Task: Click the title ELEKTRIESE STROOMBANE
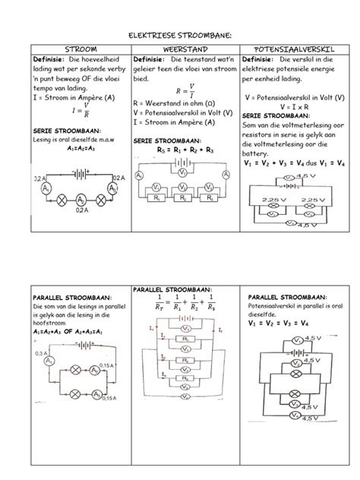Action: coord(179,35)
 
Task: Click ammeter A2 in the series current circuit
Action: coord(80,200)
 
